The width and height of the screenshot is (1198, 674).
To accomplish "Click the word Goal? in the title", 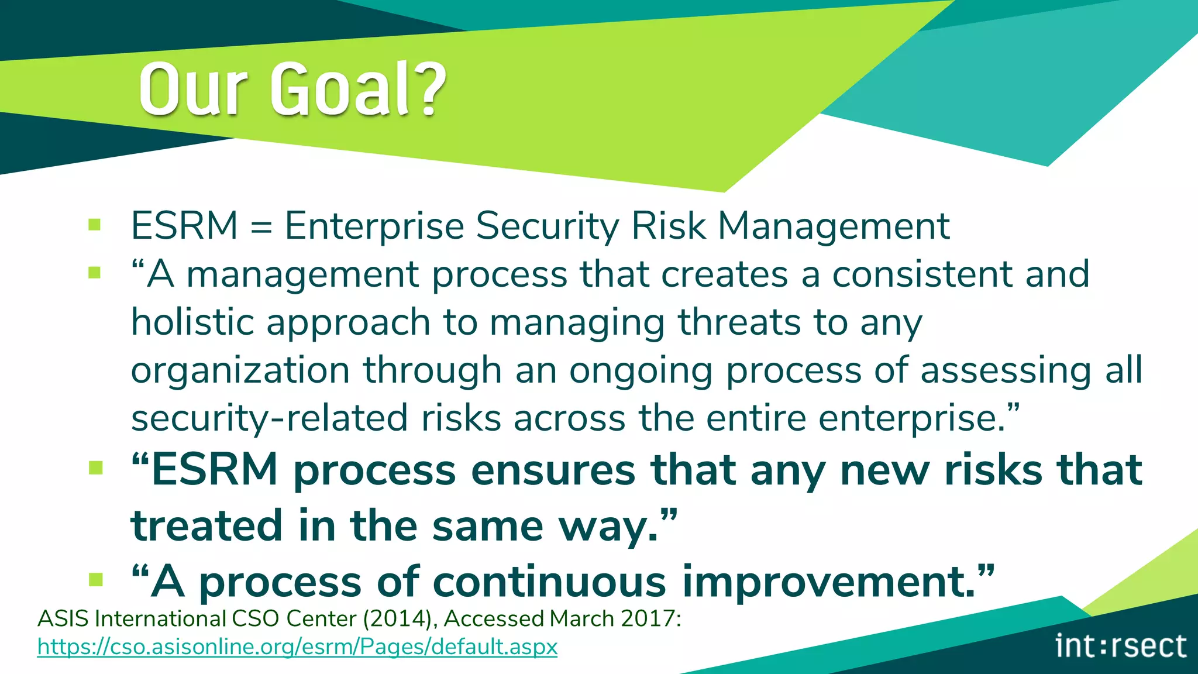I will pyautogui.click(x=358, y=89).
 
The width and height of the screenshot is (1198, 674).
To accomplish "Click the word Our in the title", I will pyautogui.click(x=193, y=89).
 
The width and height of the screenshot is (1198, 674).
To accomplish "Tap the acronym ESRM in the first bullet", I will pyautogui.click(x=184, y=226).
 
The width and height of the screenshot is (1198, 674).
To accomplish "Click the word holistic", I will pyautogui.click(x=192, y=322).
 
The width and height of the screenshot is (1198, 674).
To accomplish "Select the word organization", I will pyautogui.click(x=240, y=371).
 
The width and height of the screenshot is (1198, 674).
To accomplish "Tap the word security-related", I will pyautogui.click(x=269, y=419).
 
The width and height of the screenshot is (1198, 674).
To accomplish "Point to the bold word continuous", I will pyautogui.click(x=550, y=582).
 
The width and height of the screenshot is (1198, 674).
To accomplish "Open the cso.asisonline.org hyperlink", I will pyautogui.click(x=297, y=647).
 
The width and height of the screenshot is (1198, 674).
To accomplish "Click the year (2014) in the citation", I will pyautogui.click(x=399, y=618).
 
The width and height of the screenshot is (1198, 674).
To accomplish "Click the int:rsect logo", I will pyautogui.click(x=1121, y=646).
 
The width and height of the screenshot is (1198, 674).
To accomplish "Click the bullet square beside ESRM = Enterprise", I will pyautogui.click(x=95, y=225).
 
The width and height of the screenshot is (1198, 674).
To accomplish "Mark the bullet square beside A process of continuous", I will pyautogui.click(x=96, y=579).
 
